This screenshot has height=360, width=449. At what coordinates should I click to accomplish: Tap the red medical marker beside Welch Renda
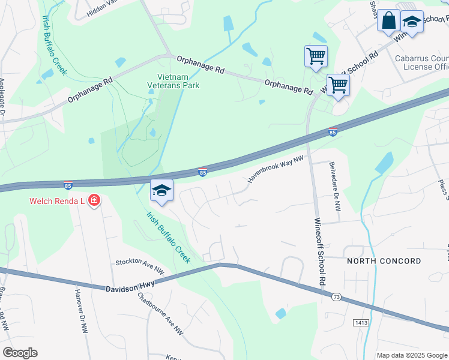coord(94,200)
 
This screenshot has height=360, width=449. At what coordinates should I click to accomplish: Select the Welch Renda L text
coord(56,200)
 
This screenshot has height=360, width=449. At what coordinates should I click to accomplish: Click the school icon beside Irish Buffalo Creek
coord(161,191)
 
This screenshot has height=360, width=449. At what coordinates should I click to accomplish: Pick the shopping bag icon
coord(388,20)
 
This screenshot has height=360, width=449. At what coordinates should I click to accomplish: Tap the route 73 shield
coord(336,297)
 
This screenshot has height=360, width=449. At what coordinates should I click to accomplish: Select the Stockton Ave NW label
coord(140,267)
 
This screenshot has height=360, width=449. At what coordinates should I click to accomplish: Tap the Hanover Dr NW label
coord(80,311)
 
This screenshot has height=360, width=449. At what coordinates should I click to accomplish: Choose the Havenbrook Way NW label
coord(276,167)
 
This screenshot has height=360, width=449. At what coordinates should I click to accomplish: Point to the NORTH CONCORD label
coord(384,261)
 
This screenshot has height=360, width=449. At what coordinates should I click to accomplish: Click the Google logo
coord(20,353)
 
